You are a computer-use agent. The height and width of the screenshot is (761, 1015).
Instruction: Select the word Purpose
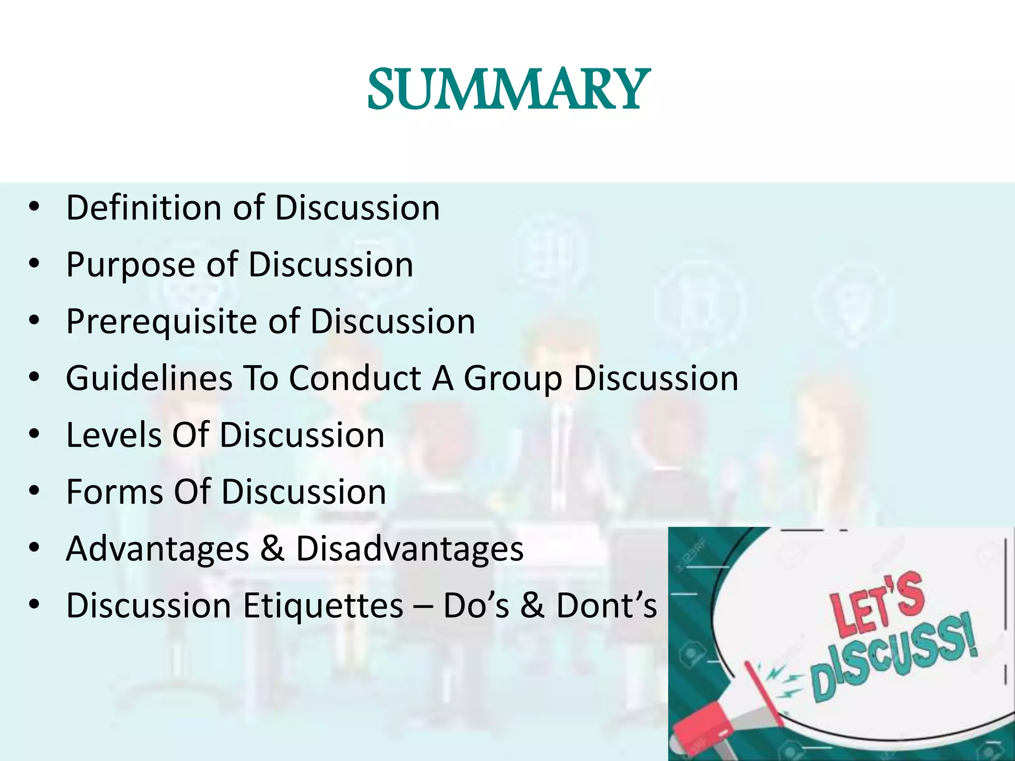pos(131,265)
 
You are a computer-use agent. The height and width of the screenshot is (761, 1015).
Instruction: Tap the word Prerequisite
pos(162,322)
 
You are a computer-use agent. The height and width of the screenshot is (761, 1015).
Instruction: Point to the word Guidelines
pos(149,379)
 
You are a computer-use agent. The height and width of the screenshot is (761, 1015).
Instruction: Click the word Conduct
pos(355,379)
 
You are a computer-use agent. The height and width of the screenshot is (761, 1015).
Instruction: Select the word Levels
pos(114,435)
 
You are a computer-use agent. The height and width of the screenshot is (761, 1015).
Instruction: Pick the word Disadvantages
pos(409,549)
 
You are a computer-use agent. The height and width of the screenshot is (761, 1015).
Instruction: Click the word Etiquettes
pos(323,605)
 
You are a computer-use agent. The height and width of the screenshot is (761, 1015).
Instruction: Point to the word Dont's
pos(606,605)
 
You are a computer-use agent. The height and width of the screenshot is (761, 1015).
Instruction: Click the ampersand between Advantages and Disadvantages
pos(272,549)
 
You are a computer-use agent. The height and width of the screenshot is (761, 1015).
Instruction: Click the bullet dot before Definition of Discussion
pos(34,207)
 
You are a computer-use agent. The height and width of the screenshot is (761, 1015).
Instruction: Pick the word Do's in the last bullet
pos(476,605)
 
